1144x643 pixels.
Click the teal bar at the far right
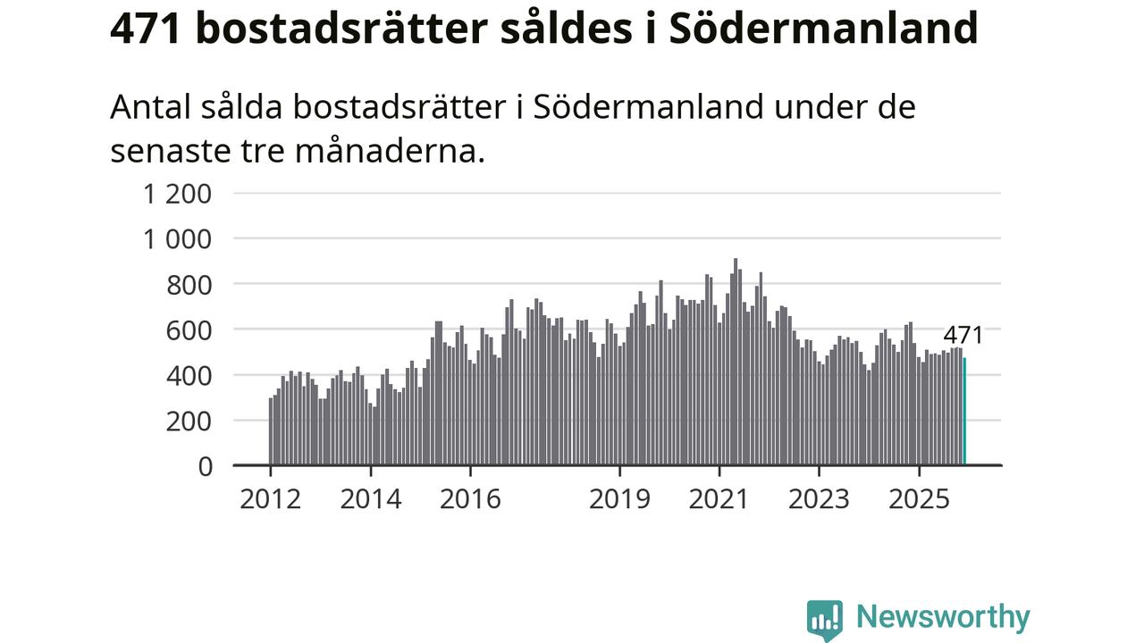964,412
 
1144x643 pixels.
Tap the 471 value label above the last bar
963,336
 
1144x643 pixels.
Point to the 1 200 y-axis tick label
178,193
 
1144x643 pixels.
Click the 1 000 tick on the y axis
178,238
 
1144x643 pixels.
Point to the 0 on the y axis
205,466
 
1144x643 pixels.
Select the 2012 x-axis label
270,498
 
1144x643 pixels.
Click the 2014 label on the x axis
370,498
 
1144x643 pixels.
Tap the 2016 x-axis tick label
470,498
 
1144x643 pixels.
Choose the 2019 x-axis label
619,498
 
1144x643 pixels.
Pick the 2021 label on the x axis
719,498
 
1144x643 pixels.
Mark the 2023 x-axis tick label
819,498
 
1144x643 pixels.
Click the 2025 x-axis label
919,498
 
